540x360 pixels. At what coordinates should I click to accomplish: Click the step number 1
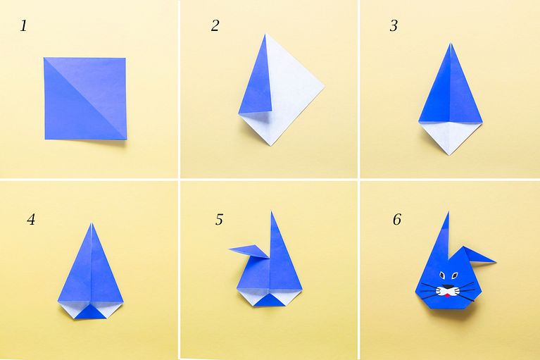coord(23,26)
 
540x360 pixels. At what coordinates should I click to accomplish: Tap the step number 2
coord(215,26)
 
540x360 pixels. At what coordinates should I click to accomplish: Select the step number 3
coord(394,26)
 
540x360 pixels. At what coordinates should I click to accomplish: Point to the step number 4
coord(31,219)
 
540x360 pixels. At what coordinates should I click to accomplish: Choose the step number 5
coord(220,219)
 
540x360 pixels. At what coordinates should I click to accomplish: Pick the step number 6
coord(397,219)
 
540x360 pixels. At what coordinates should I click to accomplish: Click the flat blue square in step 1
coord(85,99)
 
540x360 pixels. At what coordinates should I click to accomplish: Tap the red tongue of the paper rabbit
coord(447,295)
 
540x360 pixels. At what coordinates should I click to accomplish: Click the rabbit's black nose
coord(447,287)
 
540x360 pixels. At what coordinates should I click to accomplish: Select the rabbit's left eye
coord(442,275)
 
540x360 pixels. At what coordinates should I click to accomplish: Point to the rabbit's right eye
coord(455,275)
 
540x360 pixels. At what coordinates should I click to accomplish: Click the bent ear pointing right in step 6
coord(479,256)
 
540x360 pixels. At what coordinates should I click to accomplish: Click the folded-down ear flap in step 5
coord(250,252)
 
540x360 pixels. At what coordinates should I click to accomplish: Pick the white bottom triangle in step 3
coord(450,138)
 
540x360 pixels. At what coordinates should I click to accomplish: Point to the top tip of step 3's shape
coord(451,42)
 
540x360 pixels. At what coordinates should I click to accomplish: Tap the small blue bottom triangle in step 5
coord(270,300)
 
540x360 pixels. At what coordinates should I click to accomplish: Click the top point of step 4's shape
coord(92,223)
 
